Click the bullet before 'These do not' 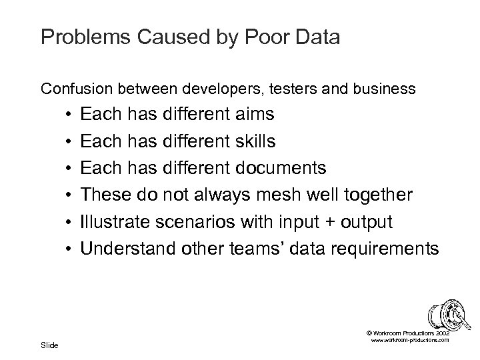(x=69, y=195)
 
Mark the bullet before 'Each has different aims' (x=69, y=115)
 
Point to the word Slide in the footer (x=49, y=345)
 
